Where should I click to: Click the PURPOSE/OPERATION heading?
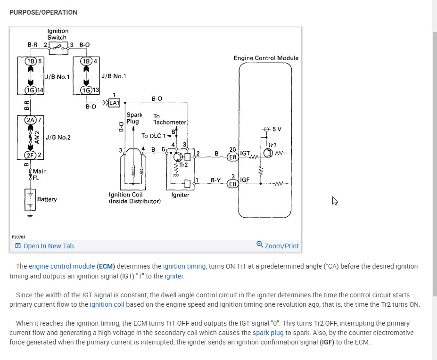click(43, 12)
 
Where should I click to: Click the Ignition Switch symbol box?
click(58, 46)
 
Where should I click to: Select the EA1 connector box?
click(115, 103)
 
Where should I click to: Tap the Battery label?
click(47, 199)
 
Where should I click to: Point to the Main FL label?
click(39, 175)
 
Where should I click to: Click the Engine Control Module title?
click(266, 58)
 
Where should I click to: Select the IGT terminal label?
click(245, 154)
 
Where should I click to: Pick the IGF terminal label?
click(245, 180)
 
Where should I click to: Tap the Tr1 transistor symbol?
click(269, 153)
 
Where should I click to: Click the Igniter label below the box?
click(181, 195)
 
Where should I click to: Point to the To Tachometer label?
click(170, 119)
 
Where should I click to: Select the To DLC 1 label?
click(154, 136)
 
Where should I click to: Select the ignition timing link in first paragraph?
click(184, 266)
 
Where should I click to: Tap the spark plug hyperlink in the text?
click(268, 333)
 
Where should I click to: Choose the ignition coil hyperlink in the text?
click(107, 304)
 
